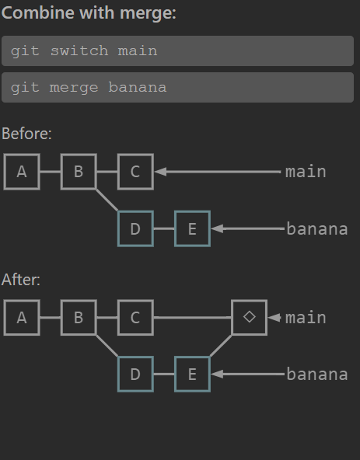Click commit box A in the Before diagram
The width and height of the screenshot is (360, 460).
[x=22, y=172]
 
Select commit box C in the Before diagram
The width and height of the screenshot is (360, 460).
[x=135, y=172]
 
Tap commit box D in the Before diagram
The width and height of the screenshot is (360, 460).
[x=135, y=228]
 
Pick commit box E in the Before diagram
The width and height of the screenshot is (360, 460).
[x=192, y=228]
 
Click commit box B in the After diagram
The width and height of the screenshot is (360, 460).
[x=79, y=318]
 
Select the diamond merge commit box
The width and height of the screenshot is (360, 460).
[x=250, y=318]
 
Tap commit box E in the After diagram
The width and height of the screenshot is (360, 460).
[x=192, y=374]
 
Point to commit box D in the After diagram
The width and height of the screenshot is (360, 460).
[x=135, y=374]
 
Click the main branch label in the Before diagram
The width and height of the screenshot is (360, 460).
[x=306, y=172]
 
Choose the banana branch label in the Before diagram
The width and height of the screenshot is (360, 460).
[x=317, y=228]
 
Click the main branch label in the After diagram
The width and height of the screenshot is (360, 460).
[x=306, y=318]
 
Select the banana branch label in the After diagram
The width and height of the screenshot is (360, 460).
[x=317, y=375]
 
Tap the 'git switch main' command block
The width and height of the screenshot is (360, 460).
[x=177, y=51]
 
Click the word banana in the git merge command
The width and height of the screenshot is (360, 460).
[x=138, y=88]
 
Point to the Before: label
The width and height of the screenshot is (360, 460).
[x=26, y=134]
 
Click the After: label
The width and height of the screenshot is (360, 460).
[x=21, y=280]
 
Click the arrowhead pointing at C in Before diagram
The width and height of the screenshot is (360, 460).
[x=161, y=172]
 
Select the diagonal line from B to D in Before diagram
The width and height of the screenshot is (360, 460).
[x=107, y=200]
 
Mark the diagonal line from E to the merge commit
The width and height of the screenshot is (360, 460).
[x=221, y=346]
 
